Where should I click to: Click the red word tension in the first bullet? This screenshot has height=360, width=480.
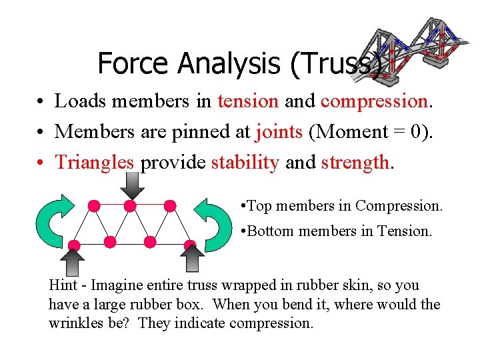point(247,101)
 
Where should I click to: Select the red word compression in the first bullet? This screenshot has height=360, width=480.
point(373,101)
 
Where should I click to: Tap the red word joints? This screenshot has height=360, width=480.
point(279,131)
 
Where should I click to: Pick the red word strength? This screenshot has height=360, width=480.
point(354,162)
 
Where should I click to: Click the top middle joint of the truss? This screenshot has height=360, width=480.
point(131,205)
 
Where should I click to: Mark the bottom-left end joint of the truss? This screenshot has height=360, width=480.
point(75,245)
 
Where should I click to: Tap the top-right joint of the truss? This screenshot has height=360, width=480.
point(171,205)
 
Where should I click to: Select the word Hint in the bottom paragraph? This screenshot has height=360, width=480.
point(63,285)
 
